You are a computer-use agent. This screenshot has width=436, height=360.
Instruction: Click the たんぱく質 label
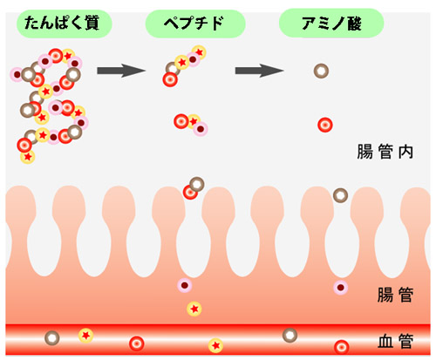tap(62, 23)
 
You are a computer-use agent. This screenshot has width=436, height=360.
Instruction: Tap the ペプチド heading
tap(194, 24)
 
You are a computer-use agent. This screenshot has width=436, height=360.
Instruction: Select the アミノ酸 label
tap(331, 24)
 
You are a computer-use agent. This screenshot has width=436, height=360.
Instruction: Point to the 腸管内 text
tap(385, 152)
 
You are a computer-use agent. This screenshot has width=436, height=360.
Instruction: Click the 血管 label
tap(395, 341)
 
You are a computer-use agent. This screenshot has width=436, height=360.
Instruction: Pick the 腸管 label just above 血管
tap(395, 295)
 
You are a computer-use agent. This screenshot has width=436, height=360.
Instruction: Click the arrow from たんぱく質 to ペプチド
tap(121, 71)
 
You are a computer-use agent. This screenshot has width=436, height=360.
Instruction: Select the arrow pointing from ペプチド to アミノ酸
tap(259, 71)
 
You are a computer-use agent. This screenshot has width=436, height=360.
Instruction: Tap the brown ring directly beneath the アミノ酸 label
tap(321, 71)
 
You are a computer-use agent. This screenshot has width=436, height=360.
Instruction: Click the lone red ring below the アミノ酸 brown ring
tap(325, 125)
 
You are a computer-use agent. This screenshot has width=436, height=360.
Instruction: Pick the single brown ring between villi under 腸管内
tap(340, 195)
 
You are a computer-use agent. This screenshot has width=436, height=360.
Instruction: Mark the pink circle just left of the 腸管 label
tap(341, 288)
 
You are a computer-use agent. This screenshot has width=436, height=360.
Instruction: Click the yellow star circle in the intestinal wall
tap(194, 309)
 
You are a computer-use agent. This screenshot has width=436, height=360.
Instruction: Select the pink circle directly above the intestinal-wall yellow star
tap(185, 285)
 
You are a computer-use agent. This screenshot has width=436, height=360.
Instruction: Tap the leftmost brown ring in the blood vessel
tap(52, 338)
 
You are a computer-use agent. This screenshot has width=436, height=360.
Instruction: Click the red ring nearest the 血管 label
tap(342, 347)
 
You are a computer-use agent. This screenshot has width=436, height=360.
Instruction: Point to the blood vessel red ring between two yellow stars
tap(137, 343)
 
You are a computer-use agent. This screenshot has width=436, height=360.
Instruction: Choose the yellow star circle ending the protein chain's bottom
tap(28, 157)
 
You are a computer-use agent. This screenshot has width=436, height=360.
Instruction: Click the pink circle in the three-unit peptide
tap(201, 129)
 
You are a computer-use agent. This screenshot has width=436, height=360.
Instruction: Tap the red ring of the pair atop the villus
tap(189, 193)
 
